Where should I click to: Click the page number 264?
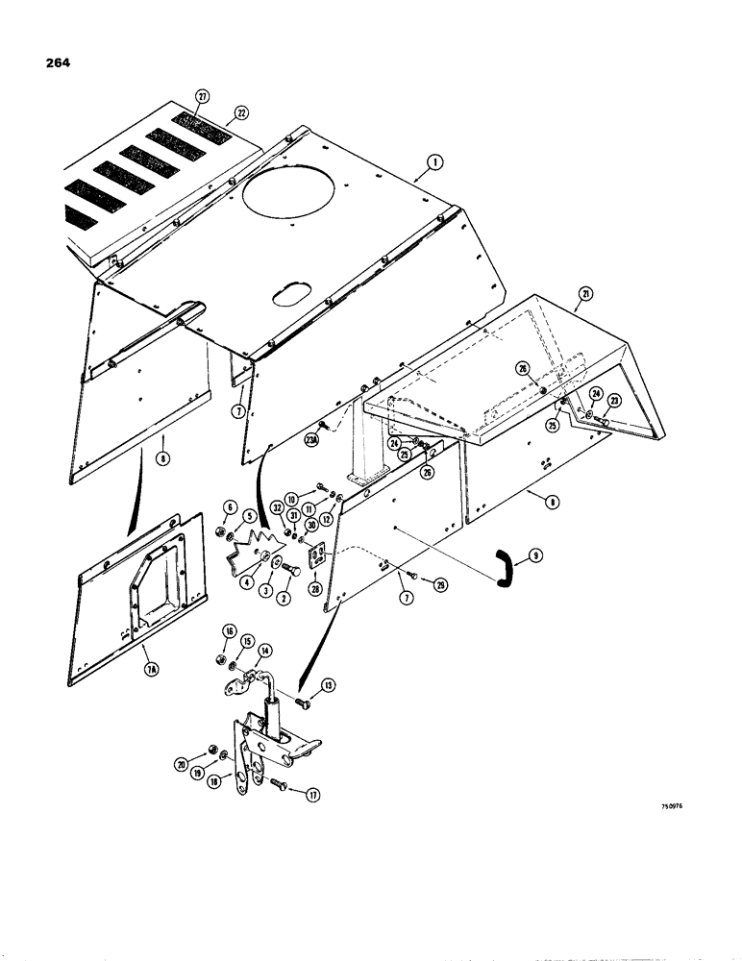point(55,64)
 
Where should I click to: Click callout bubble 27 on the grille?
point(203,97)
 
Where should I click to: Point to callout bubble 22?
point(240,111)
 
